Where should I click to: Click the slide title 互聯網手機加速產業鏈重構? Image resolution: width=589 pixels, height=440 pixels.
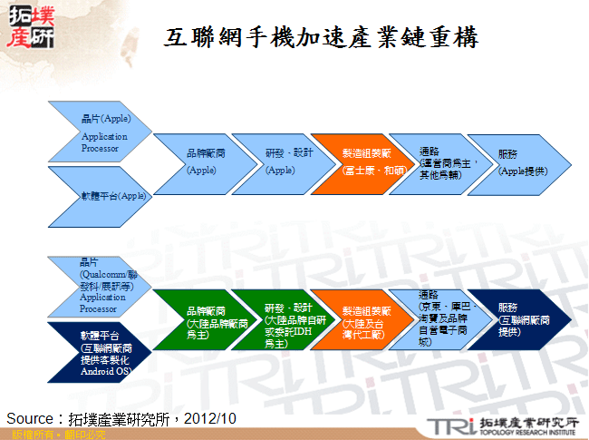(x=322, y=37)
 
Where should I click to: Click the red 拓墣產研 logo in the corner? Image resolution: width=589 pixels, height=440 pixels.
(x=30, y=27)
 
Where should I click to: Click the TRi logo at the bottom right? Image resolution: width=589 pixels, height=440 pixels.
(x=449, y=425)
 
